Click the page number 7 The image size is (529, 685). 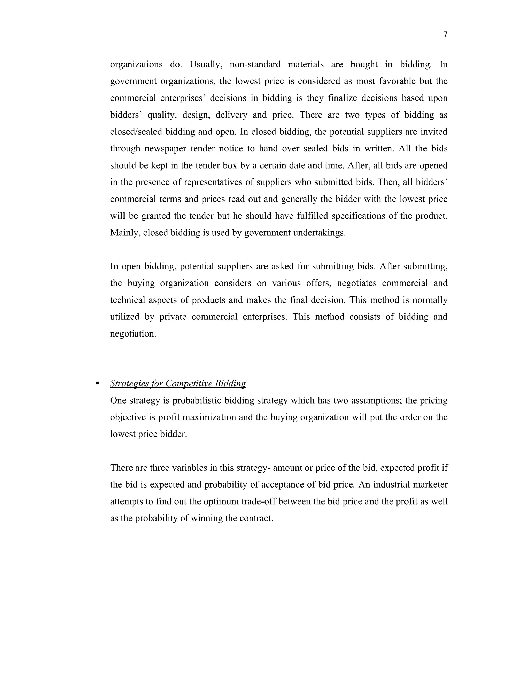click(x=445, y=35)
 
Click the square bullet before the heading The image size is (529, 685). click(x=98, y=383)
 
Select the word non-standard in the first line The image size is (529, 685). click(x=255, y=65)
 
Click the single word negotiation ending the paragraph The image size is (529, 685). click(x=133, y=334)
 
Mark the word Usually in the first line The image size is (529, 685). click(x=206, y=65)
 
